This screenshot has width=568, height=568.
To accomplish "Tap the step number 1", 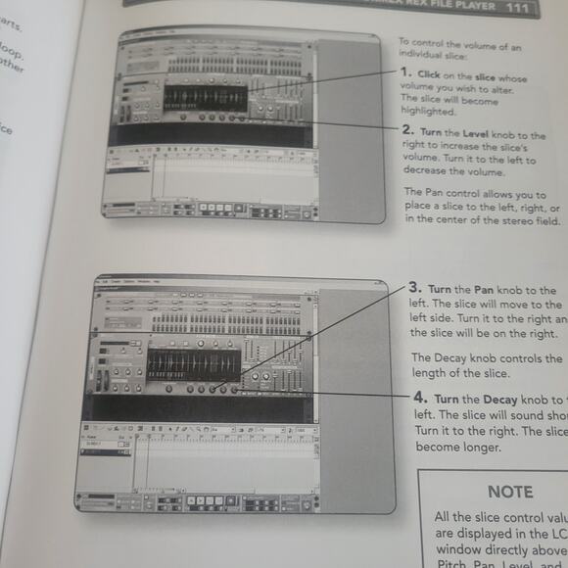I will (x=403, y=73).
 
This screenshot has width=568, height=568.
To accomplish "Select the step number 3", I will (x=415, y=288).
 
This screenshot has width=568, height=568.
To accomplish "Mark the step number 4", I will (x=419, y=400).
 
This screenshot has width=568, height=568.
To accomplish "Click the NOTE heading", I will (x=509, y=492).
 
